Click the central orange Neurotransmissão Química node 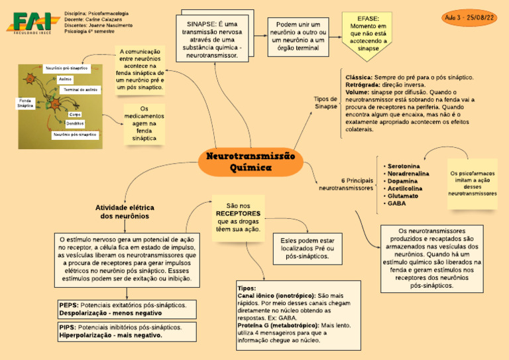251,162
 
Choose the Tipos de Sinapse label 325,102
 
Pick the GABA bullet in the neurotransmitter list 397,204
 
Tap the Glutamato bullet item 402,196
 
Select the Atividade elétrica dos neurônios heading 125,211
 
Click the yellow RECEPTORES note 238,217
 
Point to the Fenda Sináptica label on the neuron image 25,103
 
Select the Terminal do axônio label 80,89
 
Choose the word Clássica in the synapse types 359,78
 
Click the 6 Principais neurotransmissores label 346,184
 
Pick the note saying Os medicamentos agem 144,123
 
